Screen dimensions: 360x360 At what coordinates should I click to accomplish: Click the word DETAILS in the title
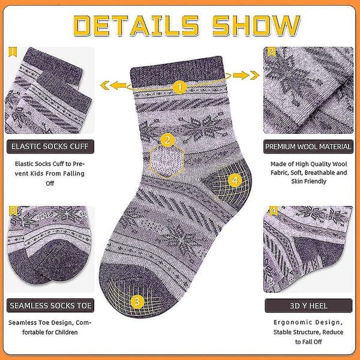(x=136, y=25)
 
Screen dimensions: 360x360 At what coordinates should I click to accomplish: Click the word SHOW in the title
(x=256, y=25)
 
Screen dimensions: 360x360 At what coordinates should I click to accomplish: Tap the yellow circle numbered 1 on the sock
(x=179, y=87)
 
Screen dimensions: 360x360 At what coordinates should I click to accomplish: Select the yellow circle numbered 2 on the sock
(x=167, y=140)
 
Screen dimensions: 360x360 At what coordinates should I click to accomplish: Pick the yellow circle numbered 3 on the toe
(x=137, y=301)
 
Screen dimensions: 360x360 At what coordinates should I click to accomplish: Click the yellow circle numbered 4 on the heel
(x=235, y=180)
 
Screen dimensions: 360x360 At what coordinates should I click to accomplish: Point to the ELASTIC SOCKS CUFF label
(x=50, y=146)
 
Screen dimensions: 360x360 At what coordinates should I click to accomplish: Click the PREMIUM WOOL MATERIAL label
(x=308, y=146)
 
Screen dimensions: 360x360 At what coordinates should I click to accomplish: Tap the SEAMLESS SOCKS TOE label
(x=50, y=305)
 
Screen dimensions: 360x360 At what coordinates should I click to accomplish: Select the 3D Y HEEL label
(x=308, y=305)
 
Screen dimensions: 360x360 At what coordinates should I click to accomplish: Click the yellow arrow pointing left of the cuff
(x=113, y=85)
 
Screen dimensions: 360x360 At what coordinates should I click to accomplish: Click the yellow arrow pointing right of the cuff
(x=246, y=76)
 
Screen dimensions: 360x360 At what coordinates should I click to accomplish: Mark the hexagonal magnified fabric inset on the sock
(x=167, y=161)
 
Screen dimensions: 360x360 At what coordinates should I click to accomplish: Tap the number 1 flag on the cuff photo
(x=13, y=52)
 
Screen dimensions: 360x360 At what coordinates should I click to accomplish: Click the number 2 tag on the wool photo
(x=271, y=52)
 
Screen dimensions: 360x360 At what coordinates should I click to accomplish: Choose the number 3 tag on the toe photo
(x=13, y=211)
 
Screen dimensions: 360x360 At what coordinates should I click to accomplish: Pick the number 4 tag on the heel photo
(x=273, y=211)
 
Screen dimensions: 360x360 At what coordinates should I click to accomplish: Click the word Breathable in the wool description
(x=320, y=173)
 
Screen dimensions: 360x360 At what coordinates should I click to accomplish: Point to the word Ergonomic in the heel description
(x=292, y=323)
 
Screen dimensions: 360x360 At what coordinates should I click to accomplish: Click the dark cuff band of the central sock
(x=177, y=71)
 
